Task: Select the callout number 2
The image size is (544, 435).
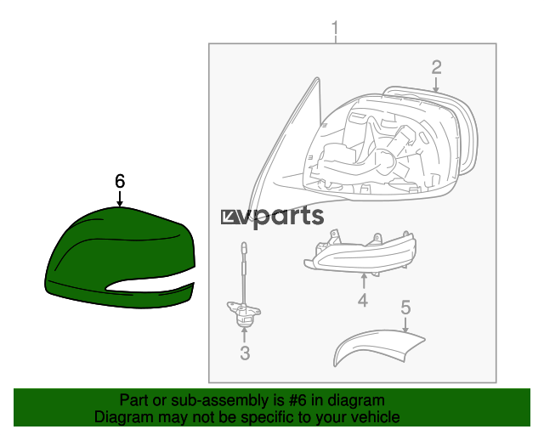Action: coord(436,67)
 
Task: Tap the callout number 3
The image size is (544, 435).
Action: coord(245,353)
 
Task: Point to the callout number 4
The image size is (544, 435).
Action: coord(363,301)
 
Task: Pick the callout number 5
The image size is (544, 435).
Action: coord(405,308)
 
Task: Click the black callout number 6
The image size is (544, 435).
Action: coord(120,181)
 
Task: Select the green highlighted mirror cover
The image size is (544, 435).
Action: coord(120,257)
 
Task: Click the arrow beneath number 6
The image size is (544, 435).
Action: coord(120,199)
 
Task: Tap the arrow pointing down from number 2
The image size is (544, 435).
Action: coord(436,85)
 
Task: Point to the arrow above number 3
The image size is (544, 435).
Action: coord(245,335)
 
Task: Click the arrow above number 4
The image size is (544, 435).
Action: coord(364,281)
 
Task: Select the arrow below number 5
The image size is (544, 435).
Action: coord(405,325)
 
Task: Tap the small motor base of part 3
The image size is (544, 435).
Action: coord(244,314)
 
